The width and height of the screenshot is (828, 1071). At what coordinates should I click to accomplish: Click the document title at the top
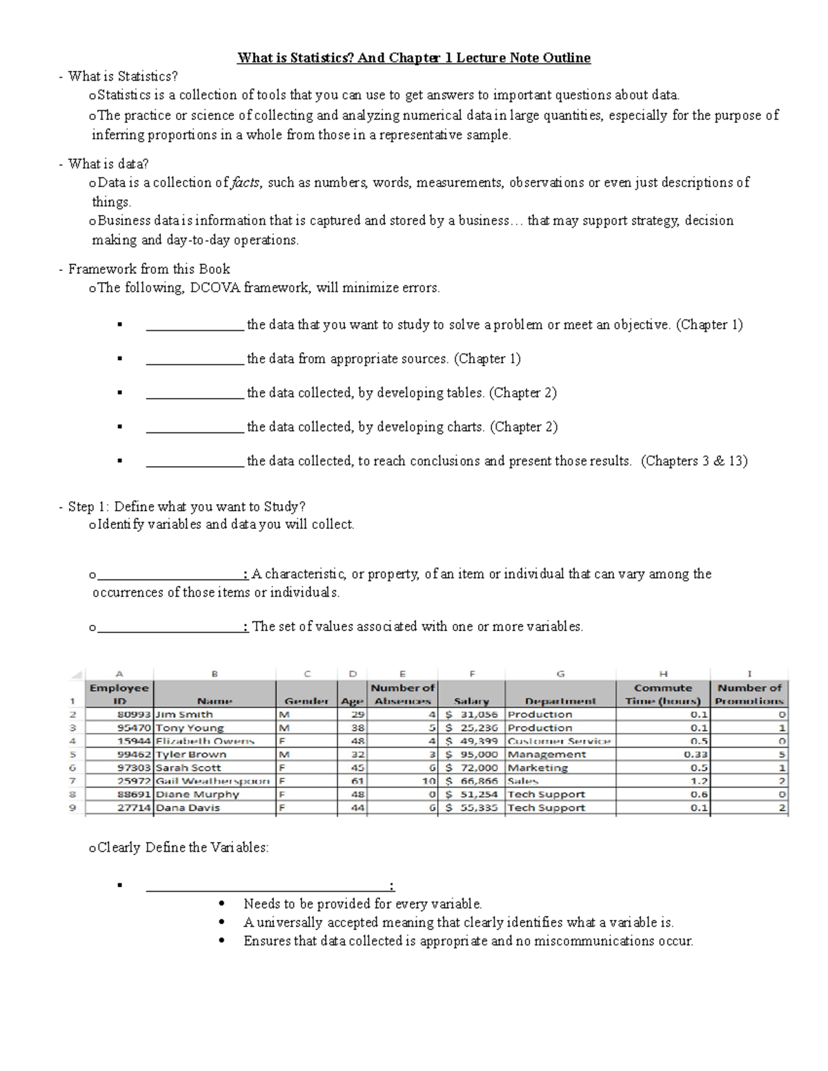414,58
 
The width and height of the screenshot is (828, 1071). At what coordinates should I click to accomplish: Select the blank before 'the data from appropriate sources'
195,359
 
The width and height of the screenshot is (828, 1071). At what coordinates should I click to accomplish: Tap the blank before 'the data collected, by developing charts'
195,427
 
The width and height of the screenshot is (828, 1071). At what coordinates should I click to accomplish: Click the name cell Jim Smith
184,714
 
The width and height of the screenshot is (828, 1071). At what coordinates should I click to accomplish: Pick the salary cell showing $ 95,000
472,754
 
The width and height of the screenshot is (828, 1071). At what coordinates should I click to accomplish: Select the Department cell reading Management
546,754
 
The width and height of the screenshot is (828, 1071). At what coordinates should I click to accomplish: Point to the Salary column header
471,701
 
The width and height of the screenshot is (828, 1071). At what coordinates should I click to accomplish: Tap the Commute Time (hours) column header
662,694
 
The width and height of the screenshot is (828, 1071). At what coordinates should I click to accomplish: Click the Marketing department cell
538,768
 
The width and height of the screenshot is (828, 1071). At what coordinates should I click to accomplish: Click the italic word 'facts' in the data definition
246,183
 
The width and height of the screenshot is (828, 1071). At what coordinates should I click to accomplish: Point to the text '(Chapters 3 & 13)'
694,461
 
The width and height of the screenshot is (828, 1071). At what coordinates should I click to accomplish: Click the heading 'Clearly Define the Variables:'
183,848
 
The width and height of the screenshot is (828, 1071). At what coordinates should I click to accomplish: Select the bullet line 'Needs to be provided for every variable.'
362,903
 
